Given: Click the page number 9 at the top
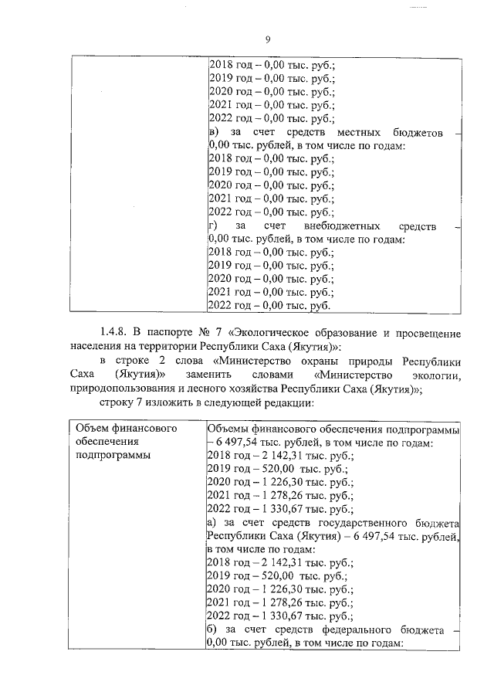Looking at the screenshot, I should click(266, 40).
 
